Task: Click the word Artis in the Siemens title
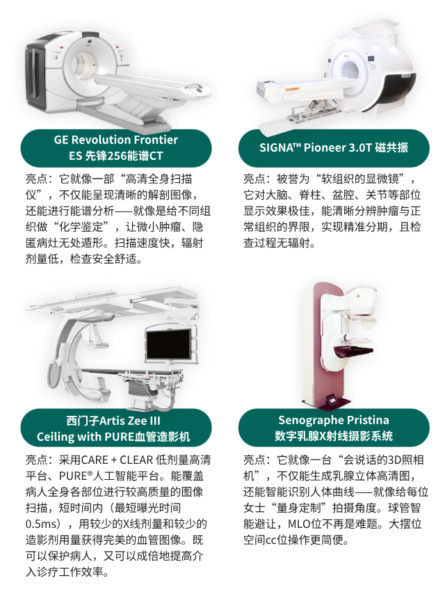point(113,421)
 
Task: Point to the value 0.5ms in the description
point(40,524)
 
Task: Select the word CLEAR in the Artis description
point(136,460)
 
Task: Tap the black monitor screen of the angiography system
point(168,344)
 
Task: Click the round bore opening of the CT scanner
point(86,63)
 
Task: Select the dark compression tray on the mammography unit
point(353,351)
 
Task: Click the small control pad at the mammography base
point(334,400)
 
